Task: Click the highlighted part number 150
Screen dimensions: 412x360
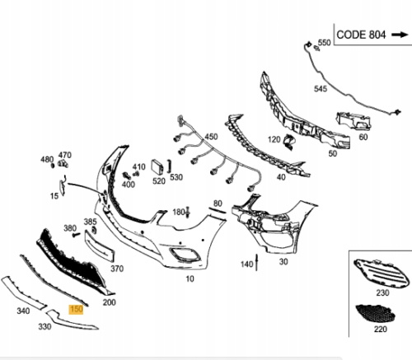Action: point(77,310)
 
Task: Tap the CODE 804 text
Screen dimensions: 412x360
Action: point(361,35)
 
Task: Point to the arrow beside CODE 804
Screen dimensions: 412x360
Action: point(400,35)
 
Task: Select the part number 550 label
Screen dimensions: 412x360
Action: point(325,43)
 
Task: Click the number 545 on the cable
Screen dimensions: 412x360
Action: point(321,88)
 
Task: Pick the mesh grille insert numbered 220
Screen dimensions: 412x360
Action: point(376,314)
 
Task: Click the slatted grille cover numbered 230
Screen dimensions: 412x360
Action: point(381,274)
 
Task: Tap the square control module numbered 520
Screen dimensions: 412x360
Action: point(157,167)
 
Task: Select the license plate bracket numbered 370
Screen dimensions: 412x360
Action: point(99,246)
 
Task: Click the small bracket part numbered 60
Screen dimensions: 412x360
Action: point(353,121)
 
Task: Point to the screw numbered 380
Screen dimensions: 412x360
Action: point(76,235)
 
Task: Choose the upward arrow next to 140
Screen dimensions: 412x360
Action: point(257,263)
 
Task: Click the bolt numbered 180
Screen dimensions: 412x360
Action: point(188,212)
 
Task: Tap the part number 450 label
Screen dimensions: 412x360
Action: point(211,137)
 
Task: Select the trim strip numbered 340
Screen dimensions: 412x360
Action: point(24,292)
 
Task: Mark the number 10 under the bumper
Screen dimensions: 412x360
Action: point(190,279)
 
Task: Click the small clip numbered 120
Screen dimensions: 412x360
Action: point(290,142)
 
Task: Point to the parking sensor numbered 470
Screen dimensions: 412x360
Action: point(63,164)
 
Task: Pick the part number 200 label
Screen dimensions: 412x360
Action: point(110,302)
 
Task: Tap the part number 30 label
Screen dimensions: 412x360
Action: point(283,262)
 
